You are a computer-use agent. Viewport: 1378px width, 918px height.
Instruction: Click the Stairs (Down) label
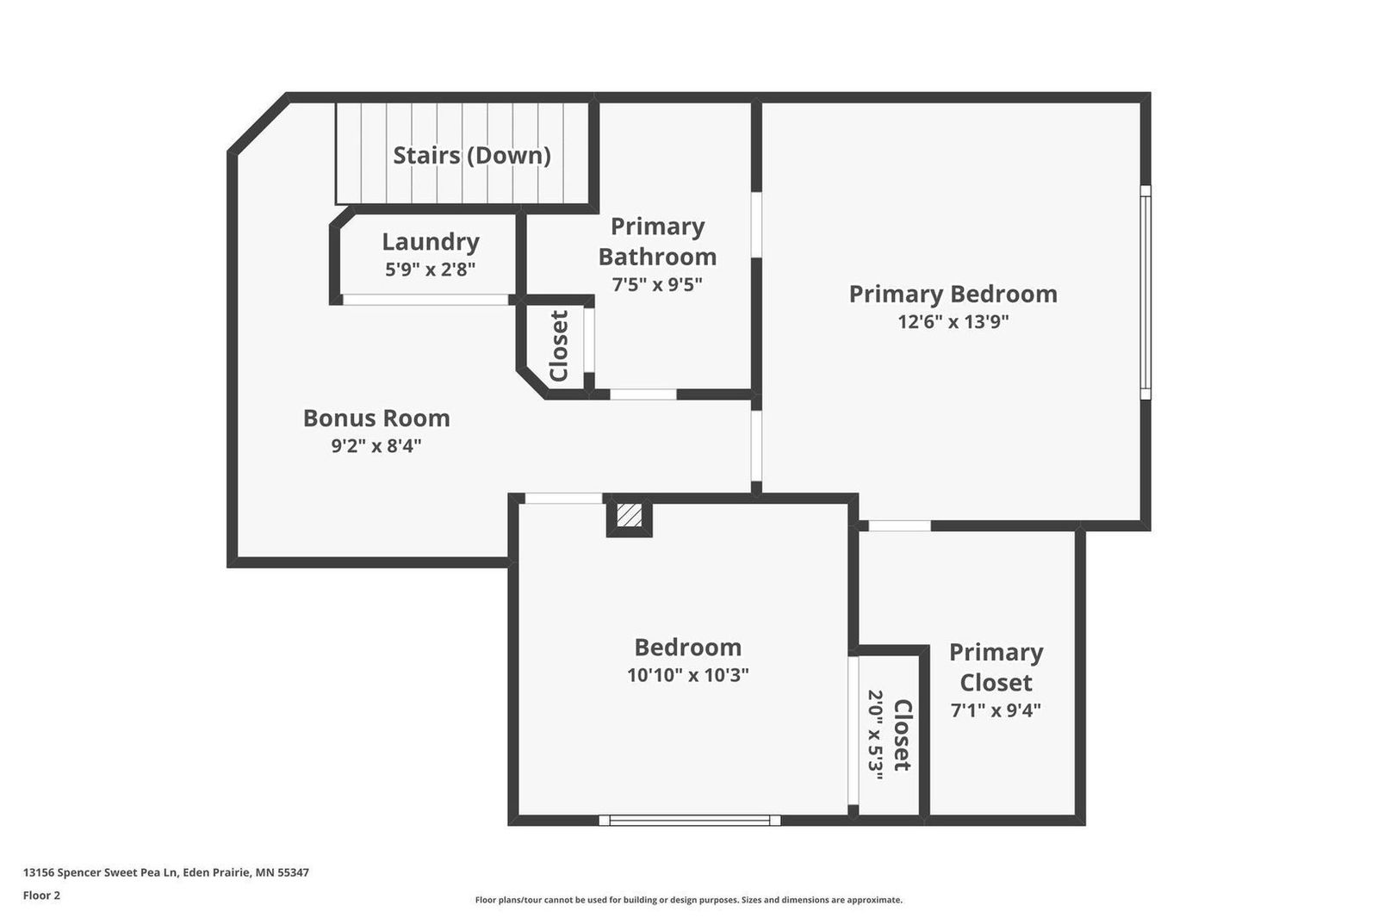472,155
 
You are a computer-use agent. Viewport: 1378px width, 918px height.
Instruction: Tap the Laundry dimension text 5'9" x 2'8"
430,270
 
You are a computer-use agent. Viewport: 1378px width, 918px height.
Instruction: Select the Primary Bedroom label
953,295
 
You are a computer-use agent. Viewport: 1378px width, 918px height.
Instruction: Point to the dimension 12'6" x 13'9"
953,322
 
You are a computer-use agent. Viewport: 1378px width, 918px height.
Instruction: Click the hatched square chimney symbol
629,515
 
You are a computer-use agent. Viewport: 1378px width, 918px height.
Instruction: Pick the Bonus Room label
376,419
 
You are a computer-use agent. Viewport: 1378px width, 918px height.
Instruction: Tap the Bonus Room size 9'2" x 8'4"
376,445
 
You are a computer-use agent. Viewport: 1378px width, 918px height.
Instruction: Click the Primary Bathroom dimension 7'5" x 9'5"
657,285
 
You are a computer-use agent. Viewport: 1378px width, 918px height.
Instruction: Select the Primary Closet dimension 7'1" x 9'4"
996,710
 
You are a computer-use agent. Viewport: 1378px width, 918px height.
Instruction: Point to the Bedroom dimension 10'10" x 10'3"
688,675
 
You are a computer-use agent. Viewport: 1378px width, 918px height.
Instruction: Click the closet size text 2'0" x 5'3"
875,735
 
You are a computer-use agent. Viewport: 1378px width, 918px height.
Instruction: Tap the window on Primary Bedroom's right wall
1145,293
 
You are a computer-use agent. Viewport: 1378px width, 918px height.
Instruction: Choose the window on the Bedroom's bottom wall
690,820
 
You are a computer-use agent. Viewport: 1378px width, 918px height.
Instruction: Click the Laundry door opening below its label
425,300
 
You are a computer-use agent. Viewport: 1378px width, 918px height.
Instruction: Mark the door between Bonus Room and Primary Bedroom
756,445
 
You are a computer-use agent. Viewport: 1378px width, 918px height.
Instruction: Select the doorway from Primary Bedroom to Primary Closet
899,526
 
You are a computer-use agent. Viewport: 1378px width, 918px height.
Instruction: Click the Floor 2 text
42,896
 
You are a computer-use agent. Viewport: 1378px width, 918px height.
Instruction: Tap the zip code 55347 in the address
294,872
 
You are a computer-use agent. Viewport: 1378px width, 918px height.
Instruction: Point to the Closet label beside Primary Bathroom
559,346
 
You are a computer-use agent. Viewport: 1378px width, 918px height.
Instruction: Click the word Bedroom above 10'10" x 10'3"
688,648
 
